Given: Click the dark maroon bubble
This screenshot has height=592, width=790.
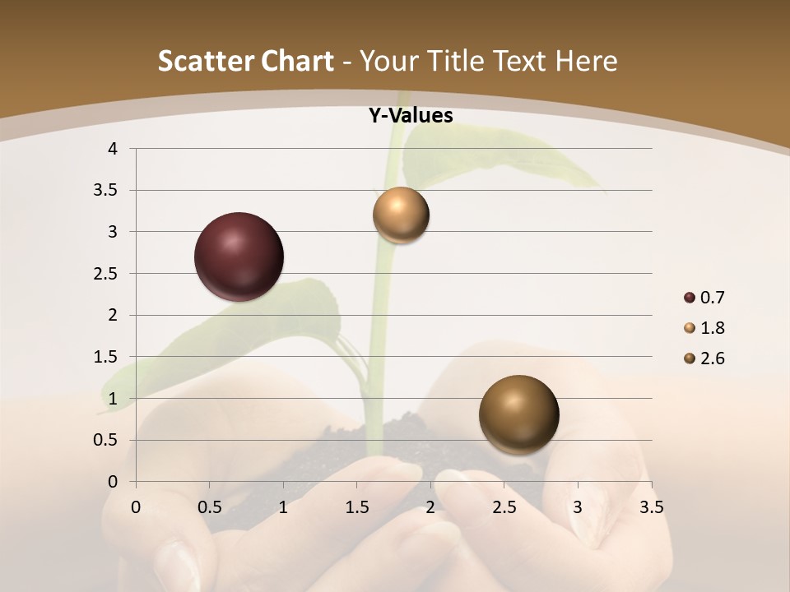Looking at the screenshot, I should (x=239, y=257).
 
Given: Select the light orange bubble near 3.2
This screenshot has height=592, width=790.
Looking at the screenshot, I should (x=401, y=215).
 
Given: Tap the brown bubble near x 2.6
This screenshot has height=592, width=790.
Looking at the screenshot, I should (x=518, y=414).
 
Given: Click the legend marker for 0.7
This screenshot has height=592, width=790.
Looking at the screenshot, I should (x=690, y=298).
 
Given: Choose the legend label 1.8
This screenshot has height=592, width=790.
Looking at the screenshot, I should (x=712, y=328).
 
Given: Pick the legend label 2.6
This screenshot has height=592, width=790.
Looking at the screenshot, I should (x=712, y=358).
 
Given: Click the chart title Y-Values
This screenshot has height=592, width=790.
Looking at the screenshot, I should (x=411, y=116).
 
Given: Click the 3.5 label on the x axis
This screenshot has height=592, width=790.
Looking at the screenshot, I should (x=651, y=507).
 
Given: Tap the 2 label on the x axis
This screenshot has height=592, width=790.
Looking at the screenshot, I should (x=430, y=507).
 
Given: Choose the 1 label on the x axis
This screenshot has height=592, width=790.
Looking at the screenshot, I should (x=283, y=507).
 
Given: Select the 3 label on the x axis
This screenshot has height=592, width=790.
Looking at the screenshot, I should (x=578, y=507).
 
